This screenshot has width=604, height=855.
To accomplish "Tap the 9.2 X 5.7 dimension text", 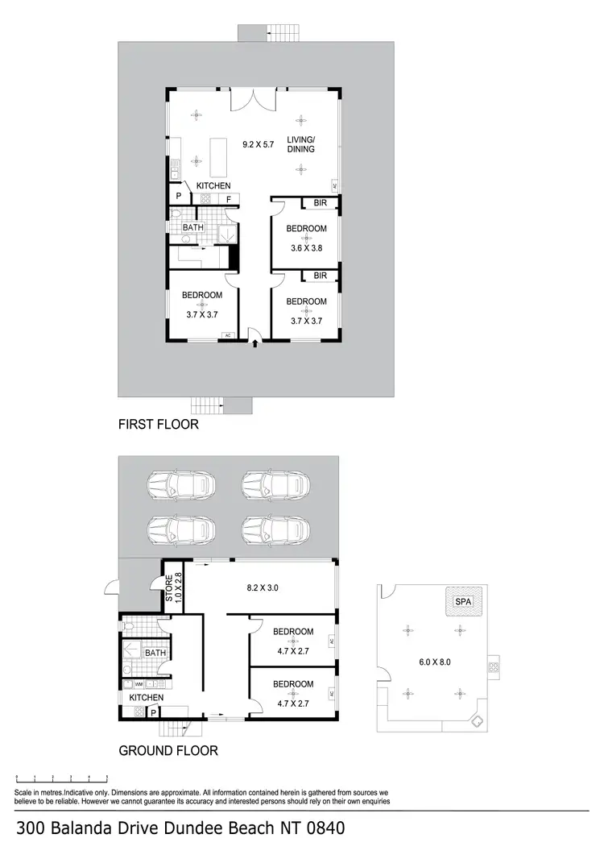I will click(259, 144).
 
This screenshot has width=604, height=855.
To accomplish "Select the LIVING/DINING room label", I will click(300, 143).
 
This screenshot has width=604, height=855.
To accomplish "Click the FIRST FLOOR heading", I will click(158, 424).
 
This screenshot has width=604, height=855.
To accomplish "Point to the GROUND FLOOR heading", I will click(168, 750).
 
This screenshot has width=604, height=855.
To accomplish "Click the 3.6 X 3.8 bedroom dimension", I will click(305, 248).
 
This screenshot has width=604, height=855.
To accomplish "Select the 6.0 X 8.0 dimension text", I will click(436, 662).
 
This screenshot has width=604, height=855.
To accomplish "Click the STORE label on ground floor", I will click(170, 588).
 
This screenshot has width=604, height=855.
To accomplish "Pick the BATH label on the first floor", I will click(193, 228).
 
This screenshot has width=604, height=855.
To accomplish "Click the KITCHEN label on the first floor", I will click(213, 186).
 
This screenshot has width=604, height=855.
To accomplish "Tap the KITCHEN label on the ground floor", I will click(142, 697).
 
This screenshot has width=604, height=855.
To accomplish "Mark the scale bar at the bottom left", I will click(62, 778).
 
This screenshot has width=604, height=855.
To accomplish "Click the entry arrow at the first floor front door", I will click(255, 343).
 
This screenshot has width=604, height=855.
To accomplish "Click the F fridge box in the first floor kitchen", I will click(228, 198).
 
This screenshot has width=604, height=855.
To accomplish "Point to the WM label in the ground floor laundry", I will click(127, 683).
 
